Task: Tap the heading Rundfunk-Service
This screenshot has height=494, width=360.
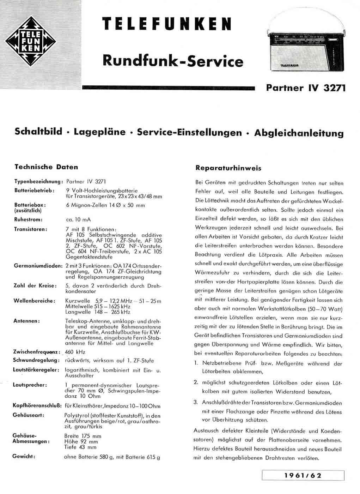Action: [173, 61]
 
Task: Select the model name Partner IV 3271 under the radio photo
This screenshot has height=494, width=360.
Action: [306, 88]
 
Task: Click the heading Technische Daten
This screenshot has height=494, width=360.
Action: [46, 167]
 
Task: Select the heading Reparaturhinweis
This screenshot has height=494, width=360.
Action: [228, 168]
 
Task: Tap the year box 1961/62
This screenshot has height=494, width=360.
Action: [303, 475]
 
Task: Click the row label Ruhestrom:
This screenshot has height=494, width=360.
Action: [28, 219]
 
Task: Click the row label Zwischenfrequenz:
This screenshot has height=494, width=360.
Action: [36, 352]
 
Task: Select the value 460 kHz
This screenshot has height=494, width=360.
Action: [75, 352]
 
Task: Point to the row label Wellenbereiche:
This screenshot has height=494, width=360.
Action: [34, 301]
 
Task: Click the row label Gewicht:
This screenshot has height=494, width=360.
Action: [24, 456]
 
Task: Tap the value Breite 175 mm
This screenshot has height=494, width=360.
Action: [83, 436]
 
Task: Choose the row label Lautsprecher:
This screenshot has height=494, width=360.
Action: [30, 385]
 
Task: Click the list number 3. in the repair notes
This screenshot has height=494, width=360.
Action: [196, 402]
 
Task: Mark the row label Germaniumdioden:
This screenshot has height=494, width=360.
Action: [38, 266]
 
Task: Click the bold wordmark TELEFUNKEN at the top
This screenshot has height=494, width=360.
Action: [167, 24]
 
